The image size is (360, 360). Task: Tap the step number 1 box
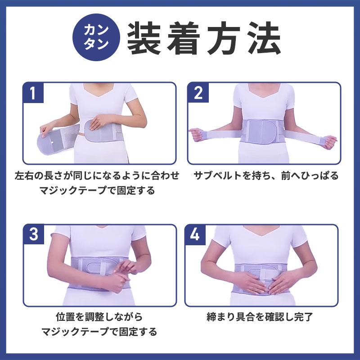pyautogui.click(x=33, y=93)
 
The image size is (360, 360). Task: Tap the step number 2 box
pyautogui.click(x=198, y=93)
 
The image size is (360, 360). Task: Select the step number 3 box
pyautogui.click(x=33, y=235)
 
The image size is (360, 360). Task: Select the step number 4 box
pyautogui.click(x=195, y=235)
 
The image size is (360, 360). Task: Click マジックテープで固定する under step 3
pyautogui.click(x=99, y=333)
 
